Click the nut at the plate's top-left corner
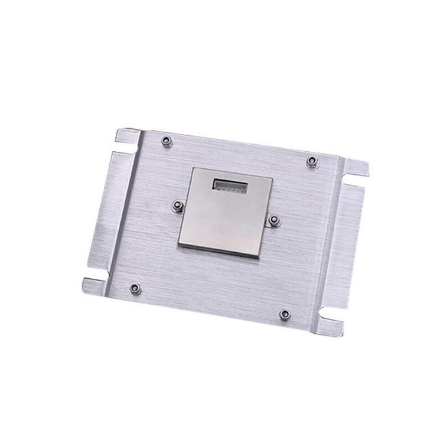point(167,141)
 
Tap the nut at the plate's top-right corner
point(312,161)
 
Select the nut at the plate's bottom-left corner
point(135,288)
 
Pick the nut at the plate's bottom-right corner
point(285,315)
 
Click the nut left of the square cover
point(178,206)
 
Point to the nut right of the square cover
point(273,220)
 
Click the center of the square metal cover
point(226,212)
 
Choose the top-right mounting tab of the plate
point(356,168)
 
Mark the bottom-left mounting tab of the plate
point(95,286)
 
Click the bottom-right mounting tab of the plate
point(330,325)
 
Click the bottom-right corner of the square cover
point(258,257)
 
